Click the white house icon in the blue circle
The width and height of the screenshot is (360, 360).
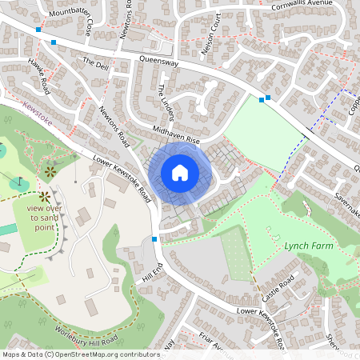pyautogui.click(x=180, y=172)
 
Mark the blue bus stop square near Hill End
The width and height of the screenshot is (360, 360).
pyautogui.click(x=154, y=239)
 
